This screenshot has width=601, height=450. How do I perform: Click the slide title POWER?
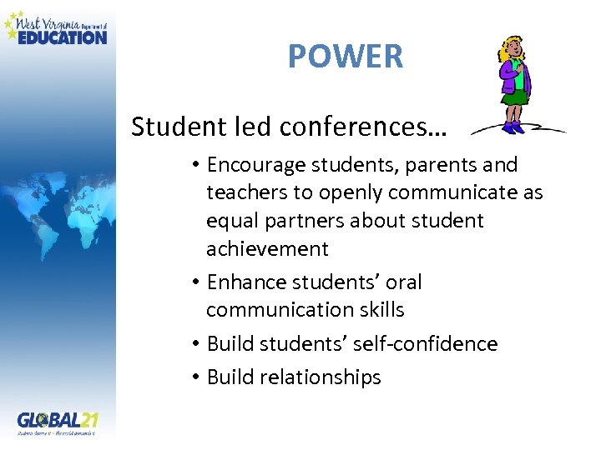pos(346,57)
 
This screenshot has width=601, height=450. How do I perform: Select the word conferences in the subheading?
pos(363,127)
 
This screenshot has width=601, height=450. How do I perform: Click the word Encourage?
pos(258,165)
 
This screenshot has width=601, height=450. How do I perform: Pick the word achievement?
pos(267,248)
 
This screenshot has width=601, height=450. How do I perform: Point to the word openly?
pos(337,193)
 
